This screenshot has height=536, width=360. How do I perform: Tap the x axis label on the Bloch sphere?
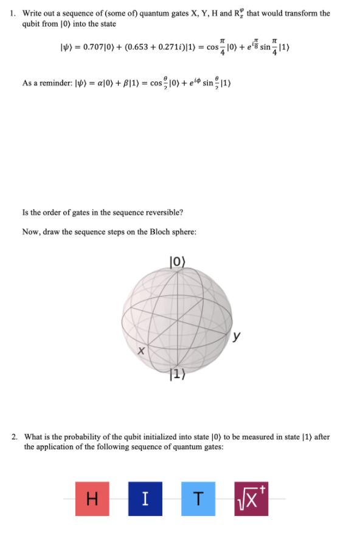coord(140,351)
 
